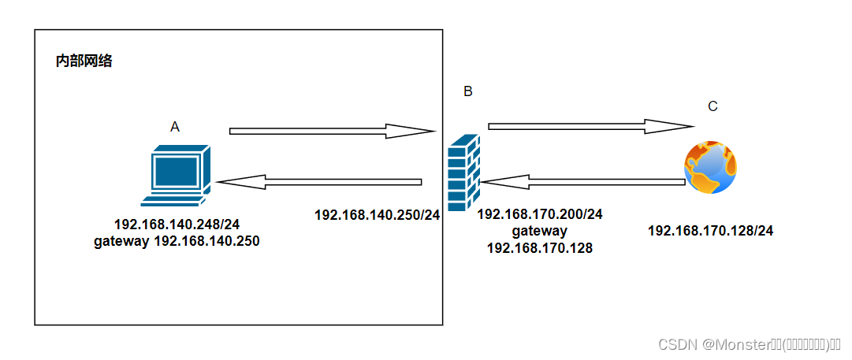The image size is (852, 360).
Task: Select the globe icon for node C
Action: coord(711,166)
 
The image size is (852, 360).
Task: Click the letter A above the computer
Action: coord(175,126)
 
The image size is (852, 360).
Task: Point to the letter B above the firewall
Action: coord(467,91)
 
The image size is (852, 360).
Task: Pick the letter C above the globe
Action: coord(712,107)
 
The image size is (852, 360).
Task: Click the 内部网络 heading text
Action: coord(84,61)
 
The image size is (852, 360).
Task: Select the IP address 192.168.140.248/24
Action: coord(177,224)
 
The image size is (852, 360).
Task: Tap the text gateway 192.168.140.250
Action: coord(177,241)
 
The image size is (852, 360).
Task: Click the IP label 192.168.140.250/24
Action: coord(377,214)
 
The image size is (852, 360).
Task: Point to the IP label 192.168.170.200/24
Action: coord(540,214)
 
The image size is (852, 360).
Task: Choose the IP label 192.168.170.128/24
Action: coord(710,231)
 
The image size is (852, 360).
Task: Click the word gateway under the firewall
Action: coord(540,231)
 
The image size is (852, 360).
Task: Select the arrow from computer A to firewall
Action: coord(331,130)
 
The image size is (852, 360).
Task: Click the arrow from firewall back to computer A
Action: coord(319,183)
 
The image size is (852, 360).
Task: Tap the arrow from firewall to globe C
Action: coord(590,125)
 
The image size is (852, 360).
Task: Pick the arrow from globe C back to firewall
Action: coord(583,183)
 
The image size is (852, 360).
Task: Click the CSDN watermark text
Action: coord(749,344)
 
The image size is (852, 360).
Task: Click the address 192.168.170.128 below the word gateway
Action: coord(540,248)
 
